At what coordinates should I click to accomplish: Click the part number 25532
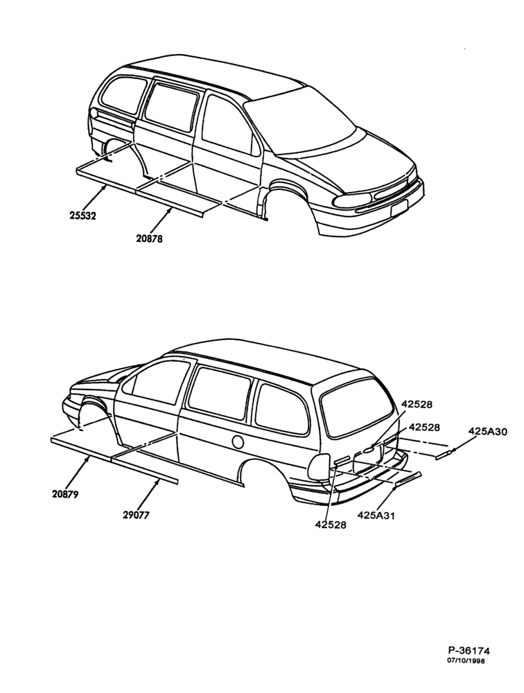point(82,216)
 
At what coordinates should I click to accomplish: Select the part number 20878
point(150,238)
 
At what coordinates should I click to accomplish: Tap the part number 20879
point(65,494)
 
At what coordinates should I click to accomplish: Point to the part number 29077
point(136,515)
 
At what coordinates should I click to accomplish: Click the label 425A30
point(488,431)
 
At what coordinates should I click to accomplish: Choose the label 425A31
point(376,515)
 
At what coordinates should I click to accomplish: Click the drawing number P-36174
point(469,663)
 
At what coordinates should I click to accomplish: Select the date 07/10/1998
point(466,673)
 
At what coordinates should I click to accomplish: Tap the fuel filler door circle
point(238,441)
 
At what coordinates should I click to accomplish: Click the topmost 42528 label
point(417,404)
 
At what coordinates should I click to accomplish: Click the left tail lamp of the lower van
point(318,466)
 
